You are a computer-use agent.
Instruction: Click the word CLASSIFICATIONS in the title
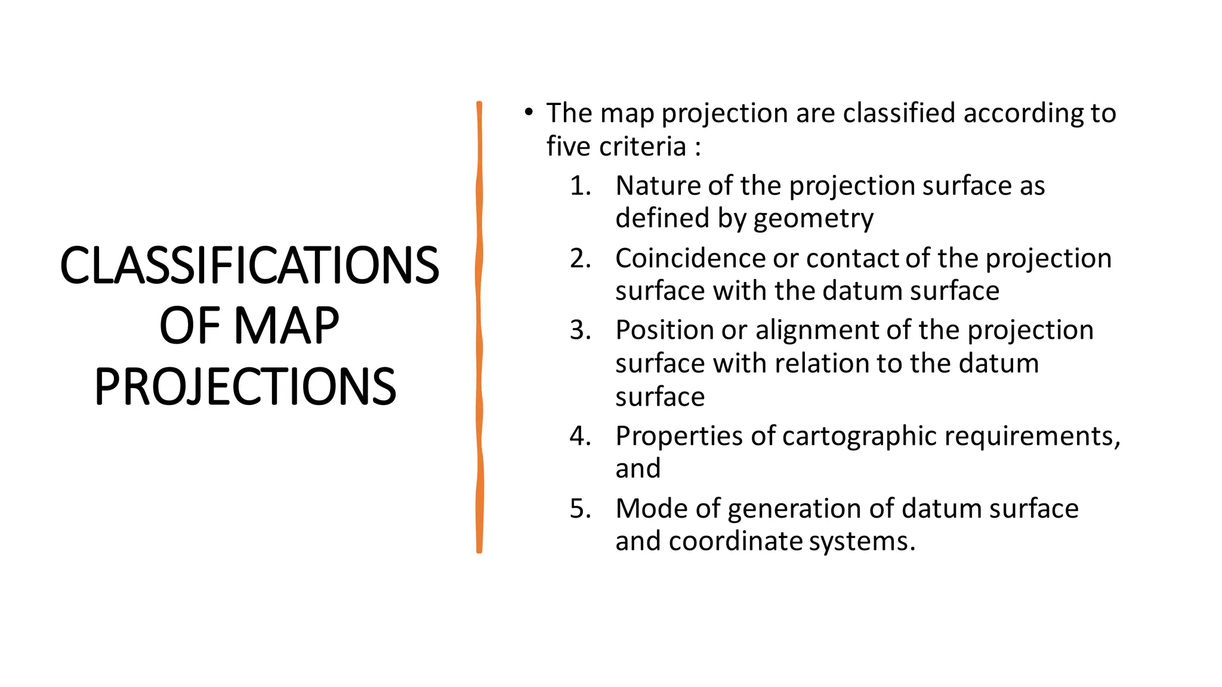[x=249, y=265]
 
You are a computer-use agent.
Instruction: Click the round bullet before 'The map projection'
[x=528, y=112]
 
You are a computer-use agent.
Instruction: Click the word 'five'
[x=569, y=146]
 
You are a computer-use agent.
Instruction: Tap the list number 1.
[x=579, y=185]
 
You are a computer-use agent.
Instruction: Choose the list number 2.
[x=579, y=258]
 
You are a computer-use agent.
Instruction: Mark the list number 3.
[x=579, y=330]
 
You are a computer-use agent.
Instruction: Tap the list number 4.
[x=579, y=436]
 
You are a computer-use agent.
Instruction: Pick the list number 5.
[x=579, y=509]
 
